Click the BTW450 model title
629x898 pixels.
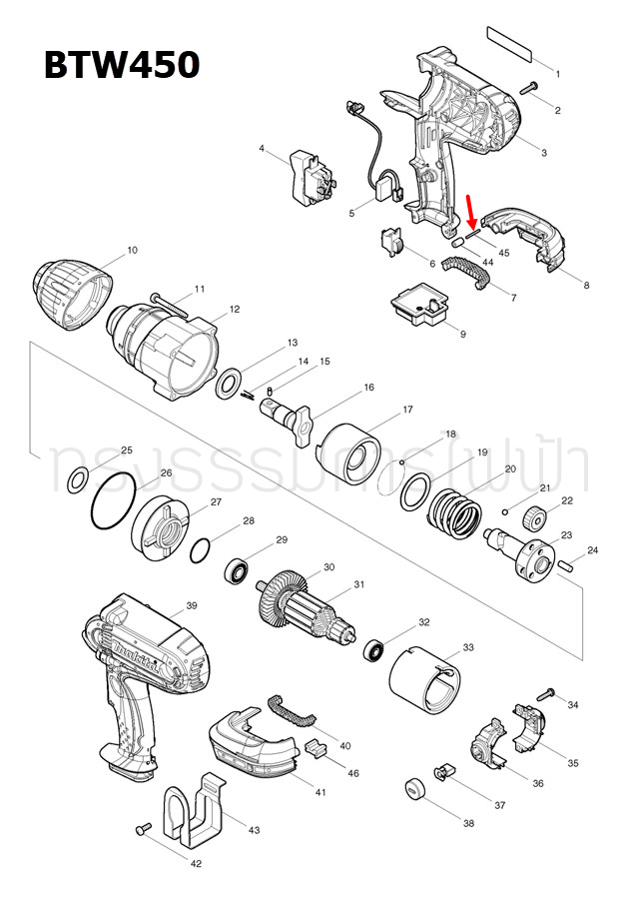click(x=121, y=65)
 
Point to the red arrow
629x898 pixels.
click(x=471, y=211)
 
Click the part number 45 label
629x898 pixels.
click(x=504, y=253)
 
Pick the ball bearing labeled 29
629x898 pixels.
click(x=239, y=571)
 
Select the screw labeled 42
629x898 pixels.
click(x=143, y=828)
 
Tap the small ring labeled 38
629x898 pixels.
click(x=414, y=789)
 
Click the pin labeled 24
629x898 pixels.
click(x=567, y=564)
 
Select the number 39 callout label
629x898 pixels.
click(x=192, y=605)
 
